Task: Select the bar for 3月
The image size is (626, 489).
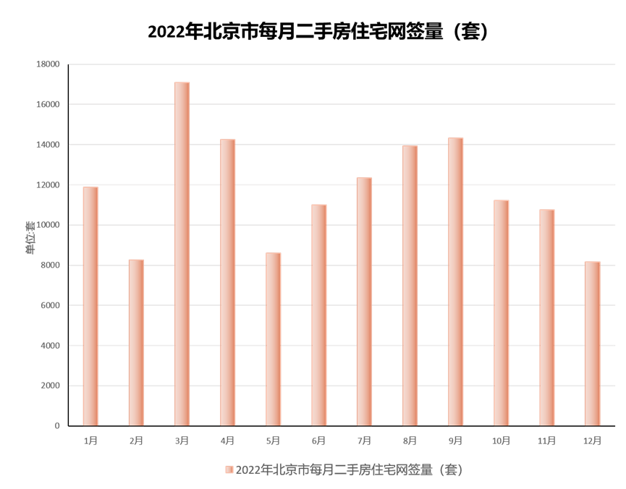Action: tap(182, 253)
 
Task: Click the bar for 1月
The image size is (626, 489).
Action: tap(90, 306)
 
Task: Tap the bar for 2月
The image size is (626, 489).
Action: tap(136, 342)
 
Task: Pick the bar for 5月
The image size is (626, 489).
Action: tap(273, 339)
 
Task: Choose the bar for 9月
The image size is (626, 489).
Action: tap(455, 281)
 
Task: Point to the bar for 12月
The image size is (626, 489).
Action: tap(592, 343)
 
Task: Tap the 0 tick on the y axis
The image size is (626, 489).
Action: tap(57, 425)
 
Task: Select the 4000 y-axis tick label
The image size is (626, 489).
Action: tap(51, 345)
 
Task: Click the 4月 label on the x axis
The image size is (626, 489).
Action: tap(227, 441)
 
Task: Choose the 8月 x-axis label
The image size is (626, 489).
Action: tap(410, 441)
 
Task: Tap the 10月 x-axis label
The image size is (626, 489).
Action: tap(501, 441)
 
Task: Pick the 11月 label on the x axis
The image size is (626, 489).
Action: tap(546, 441)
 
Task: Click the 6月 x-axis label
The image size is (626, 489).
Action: tap(318, 441)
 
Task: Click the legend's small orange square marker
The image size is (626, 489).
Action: tap(229, 470)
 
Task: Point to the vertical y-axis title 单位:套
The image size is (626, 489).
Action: tap(30, 238)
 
